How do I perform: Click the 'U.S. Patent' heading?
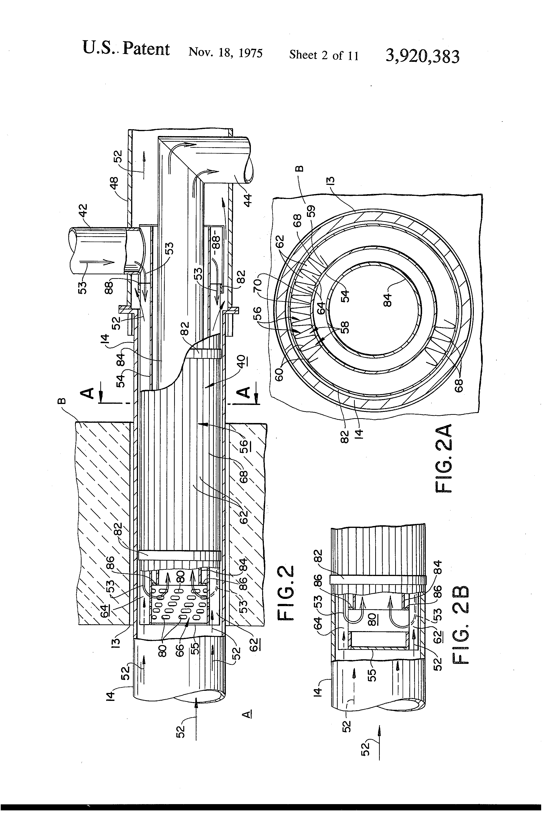(126, 48)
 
